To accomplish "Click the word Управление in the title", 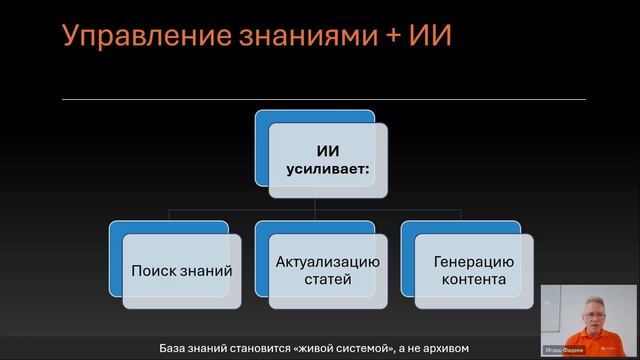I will (x=133, y=36).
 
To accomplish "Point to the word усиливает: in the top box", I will (x=328, y=171).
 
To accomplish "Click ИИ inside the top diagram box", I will (x=328, y=151).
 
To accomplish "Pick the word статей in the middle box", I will (x=327, y=280).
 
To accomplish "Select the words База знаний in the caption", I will (x=193, y=349).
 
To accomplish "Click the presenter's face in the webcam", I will (x=590, y=309).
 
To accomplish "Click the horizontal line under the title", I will (x=320, y=100).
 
